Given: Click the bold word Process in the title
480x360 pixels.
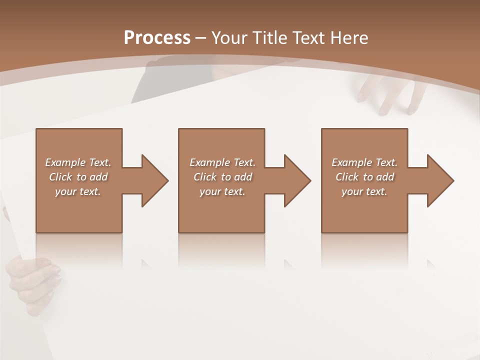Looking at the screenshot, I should pos(157,38).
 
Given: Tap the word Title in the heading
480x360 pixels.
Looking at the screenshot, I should pos(271,38).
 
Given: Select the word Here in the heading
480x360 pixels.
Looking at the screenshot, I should pos(349,38).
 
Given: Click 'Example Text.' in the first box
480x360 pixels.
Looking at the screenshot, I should pos(78,162).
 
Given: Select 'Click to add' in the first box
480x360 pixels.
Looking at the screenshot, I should pos(78,177).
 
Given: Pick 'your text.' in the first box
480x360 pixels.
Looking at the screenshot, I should pos(78,191).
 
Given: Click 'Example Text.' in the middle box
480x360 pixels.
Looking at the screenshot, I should pos(222,162).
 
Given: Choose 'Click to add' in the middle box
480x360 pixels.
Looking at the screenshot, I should pos(222,177).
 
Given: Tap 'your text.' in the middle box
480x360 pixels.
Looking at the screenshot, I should pos(222,191).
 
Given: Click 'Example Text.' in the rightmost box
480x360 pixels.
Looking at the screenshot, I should pos(364,162).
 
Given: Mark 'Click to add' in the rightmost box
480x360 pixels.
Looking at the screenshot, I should pos(364,177).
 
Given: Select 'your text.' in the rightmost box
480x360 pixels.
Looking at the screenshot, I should pos(364,191).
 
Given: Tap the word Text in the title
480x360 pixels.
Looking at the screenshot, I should pos(307,38).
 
